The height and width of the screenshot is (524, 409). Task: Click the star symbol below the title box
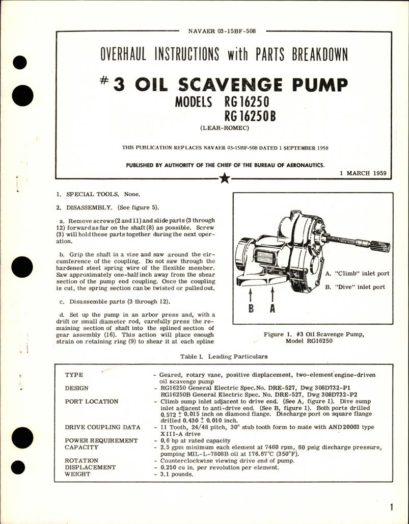click(225, 178)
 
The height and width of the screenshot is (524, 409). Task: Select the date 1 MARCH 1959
click(362, 173)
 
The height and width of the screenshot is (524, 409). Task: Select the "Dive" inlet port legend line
click(355, 287)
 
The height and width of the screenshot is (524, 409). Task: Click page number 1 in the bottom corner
click(390, 507)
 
